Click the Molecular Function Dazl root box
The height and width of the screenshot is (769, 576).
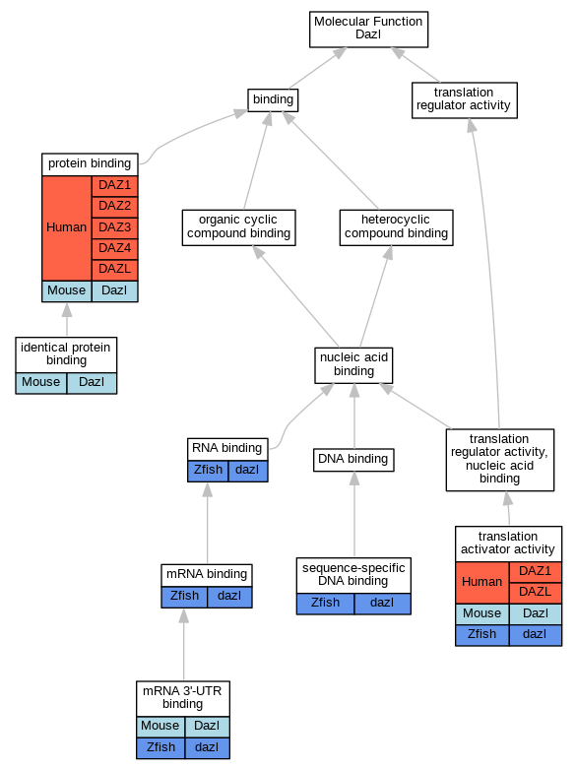[368, 30]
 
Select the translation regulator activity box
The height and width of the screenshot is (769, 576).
[464, 100]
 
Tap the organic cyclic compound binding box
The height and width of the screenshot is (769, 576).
[238, 227]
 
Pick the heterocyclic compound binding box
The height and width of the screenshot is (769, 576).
[396, 227]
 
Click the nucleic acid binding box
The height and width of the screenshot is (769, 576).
[353, 365]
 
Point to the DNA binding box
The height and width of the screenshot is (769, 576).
[353, 460]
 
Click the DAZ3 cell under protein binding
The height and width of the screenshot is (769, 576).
[115, 227]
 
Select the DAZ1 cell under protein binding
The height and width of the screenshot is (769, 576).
[115, 186]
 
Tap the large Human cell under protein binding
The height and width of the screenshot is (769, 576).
[67, 228]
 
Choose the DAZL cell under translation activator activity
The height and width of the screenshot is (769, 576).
[536, 593]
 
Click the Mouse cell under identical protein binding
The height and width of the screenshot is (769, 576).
[40, 383]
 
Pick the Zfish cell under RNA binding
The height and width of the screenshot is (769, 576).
[208, 471]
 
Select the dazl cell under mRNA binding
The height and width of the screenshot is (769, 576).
[229, 597]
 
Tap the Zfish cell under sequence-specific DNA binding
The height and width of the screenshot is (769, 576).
[325, 604]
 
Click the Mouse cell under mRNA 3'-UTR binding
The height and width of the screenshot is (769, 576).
[160, 727]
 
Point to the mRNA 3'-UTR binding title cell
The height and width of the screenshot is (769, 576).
[183, 698]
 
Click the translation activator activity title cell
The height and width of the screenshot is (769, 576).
[508, 544]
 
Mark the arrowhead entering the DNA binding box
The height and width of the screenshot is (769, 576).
[354, 479]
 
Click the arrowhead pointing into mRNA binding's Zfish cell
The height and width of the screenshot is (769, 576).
[184, 615]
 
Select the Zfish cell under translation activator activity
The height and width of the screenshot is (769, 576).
[481, 635]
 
